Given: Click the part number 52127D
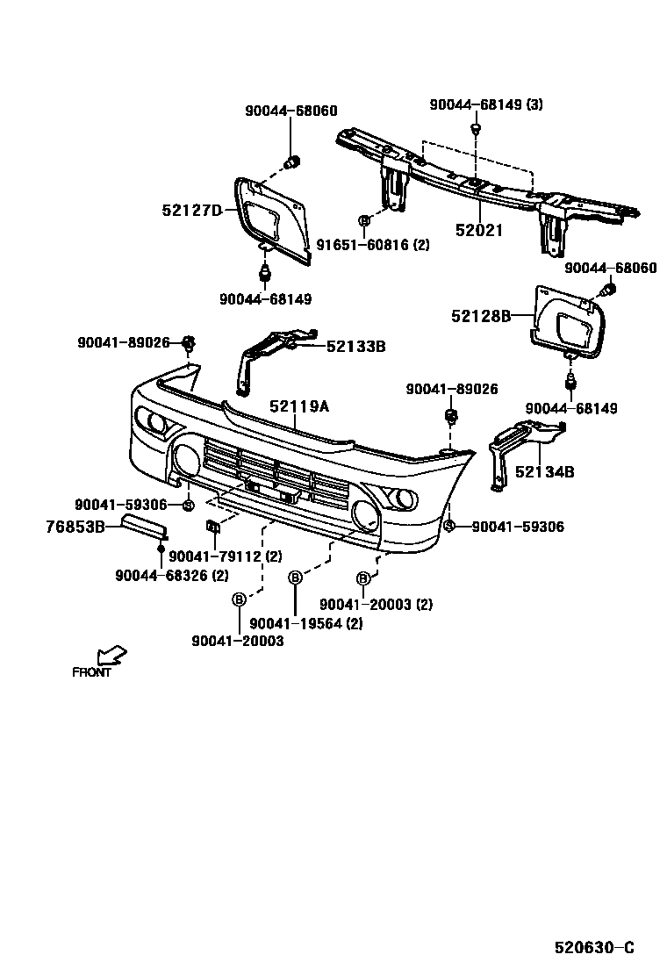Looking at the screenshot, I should coord(192,210).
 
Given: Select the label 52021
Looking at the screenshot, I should coord(479,231).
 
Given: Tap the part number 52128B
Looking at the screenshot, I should coord(481,316).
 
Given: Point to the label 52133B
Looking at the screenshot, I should coord(355,347).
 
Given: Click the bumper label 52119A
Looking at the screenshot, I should coord(299,406).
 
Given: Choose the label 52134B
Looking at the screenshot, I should coord(544,472).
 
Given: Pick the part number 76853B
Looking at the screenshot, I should coord(75,527).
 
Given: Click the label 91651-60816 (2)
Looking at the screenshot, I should coord(373,245).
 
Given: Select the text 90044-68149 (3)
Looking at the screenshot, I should coord(486,104).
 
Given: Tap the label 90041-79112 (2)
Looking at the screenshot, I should coord(226,556).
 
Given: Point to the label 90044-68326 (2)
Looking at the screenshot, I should coord(172,575).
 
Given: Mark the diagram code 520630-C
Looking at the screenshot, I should coord(593,948).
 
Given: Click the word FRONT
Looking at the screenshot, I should coord(92,672).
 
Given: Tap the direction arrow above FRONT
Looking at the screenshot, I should coord(111,655).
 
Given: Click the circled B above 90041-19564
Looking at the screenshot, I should coord(295,577).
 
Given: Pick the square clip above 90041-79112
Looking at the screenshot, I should coord(212,527).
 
